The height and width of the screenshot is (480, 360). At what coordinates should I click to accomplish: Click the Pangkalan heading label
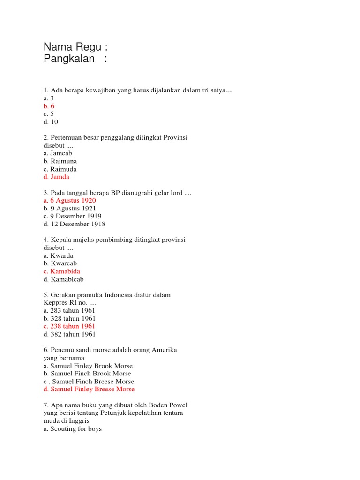(69, 59)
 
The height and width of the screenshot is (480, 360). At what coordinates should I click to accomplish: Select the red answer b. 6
(49, 106)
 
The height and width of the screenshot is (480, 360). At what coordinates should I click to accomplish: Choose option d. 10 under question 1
(51, 122)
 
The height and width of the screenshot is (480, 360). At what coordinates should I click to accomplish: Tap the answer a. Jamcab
(58, 153)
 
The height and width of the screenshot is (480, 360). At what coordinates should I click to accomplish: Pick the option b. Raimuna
(60, 161)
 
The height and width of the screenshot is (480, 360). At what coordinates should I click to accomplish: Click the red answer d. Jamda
(56, 177)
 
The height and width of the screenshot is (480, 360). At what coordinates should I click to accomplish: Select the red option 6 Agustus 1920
(69, 200)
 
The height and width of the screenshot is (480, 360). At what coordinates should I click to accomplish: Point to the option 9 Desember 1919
(72, 216)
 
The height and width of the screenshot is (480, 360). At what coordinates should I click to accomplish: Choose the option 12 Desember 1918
(74, 224)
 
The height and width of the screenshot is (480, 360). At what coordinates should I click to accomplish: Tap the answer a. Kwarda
(58, 255)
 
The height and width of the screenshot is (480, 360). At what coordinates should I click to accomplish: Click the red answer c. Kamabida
(61, 271)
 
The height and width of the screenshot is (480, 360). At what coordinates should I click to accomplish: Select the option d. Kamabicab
(63, 279)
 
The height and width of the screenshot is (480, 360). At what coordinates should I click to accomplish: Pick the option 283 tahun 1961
(69, 310)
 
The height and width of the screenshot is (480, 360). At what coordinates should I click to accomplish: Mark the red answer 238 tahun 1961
(69, 326)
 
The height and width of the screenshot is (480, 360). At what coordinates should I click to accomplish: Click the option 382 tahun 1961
(69, 334)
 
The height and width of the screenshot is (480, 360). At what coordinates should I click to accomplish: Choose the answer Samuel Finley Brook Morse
(88, 366)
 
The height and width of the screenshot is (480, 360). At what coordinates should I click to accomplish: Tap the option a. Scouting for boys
(73, 429)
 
